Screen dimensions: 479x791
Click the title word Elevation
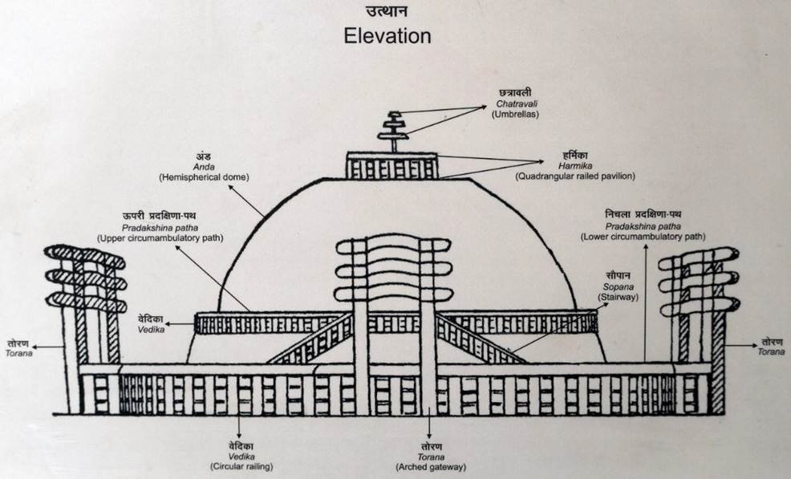pos(387,36)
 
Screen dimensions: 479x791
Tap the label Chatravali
pos(514,103)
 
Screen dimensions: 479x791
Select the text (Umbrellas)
pos(514,114)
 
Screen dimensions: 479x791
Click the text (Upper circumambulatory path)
pos(160,238)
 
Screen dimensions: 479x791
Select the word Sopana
pos(619,286)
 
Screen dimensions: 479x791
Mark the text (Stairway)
pos(619,298)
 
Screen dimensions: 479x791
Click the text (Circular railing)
pos(241,466)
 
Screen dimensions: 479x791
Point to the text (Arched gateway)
pos(431,466)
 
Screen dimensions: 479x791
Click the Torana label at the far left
pos(18,353)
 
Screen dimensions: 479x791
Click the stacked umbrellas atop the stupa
pos(393,128)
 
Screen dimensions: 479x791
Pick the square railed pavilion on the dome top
pos(393,165)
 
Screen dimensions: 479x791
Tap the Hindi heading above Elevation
pos(387,12)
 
